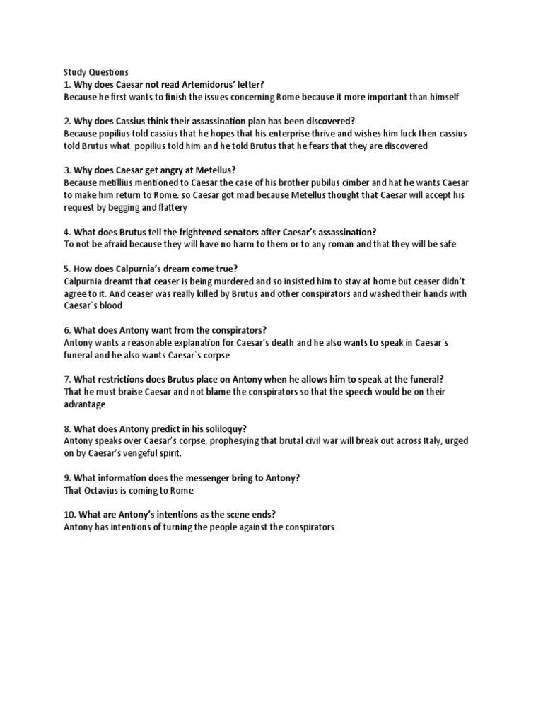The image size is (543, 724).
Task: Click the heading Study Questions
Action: click(x=96, y=71)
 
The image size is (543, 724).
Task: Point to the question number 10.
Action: click(x=69, y=515)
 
